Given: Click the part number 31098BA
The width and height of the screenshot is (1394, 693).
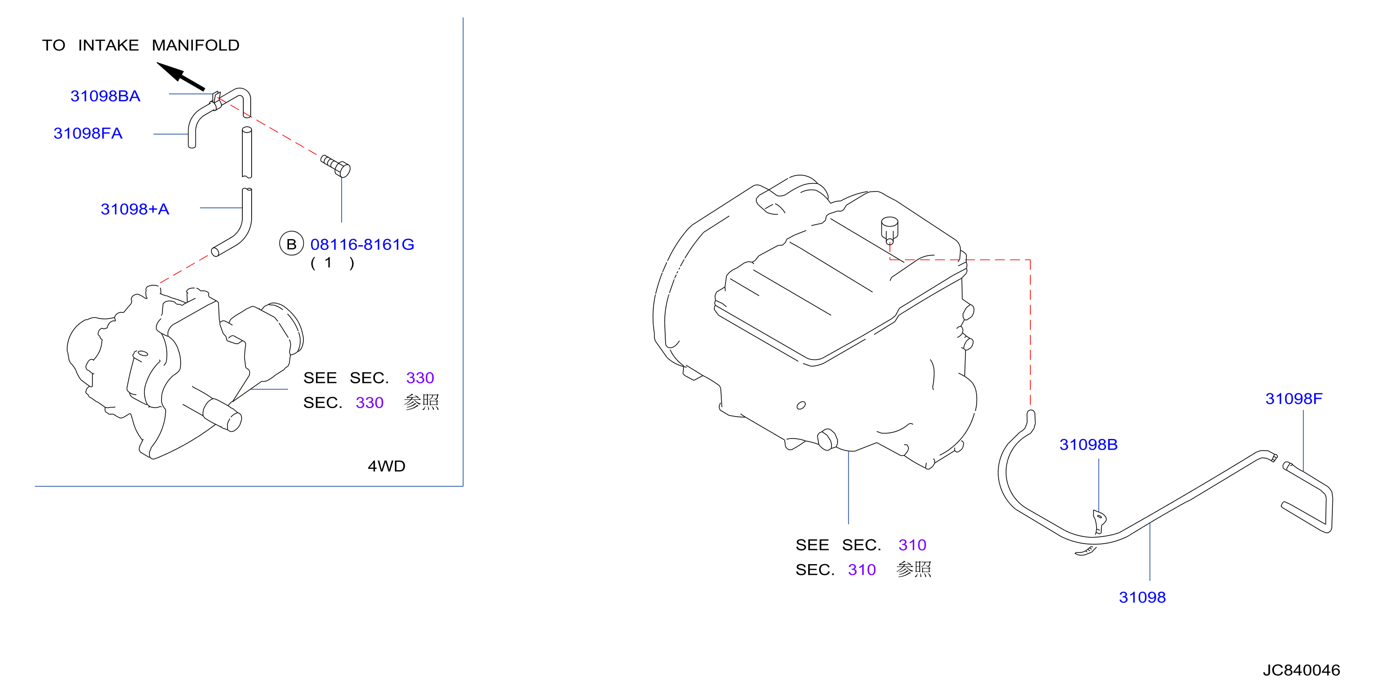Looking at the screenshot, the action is pos(106,96).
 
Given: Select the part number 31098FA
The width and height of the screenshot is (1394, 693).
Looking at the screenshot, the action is pos(88,133).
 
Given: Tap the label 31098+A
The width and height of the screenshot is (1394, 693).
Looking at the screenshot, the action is pos(135,209).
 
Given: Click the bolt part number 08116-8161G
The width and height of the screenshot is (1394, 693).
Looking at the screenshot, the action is pos(362,244).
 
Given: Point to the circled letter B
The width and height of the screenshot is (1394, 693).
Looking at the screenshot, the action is pos(291,244).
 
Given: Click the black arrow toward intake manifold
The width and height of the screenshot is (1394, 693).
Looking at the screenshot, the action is pos(181,76).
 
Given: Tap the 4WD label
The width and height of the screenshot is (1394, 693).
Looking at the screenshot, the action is pos(387,466).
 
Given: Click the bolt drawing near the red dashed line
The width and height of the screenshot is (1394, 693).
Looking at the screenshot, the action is pos(336,166).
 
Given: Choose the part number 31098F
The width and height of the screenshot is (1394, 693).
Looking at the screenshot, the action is pos(1293,398).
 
